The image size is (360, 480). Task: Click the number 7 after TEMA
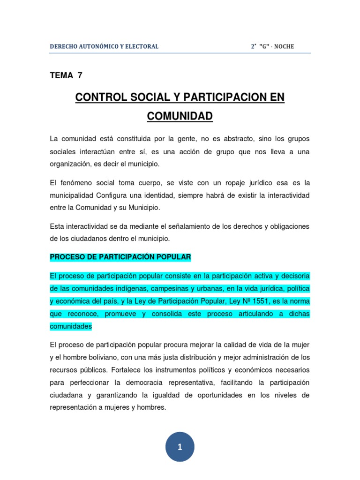tap(79, 75)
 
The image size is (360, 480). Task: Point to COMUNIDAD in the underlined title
tap(180, 116)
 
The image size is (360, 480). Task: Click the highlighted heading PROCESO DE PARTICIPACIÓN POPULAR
tap(120, 257)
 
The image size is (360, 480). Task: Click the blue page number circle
tap(180, 447)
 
